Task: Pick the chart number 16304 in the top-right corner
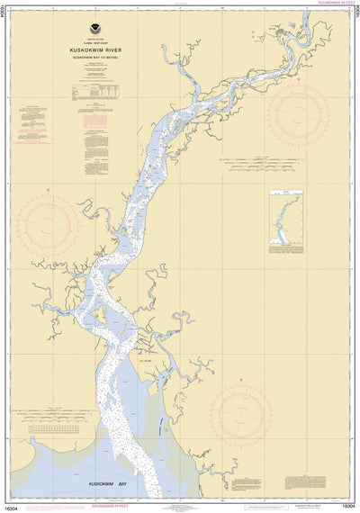coord(355,18)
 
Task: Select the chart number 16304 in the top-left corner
coord(4,18)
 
